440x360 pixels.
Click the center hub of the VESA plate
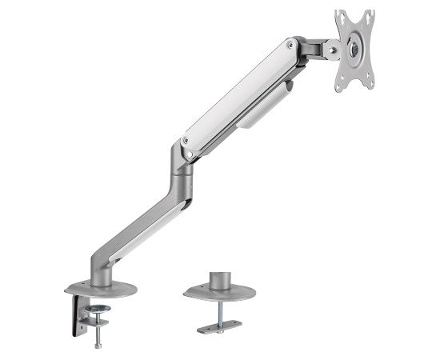tap(352, 48)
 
